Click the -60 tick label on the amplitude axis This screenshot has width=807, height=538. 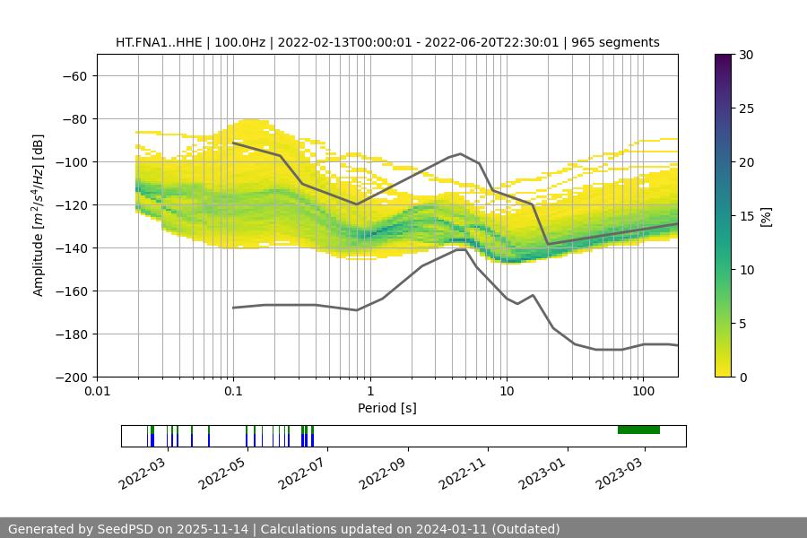pyautogui.click(x=74, y=76)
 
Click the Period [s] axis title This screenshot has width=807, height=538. pyautogui.click(x=387, y=409)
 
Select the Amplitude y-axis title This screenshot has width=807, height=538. pyautogui.click(x=39, y=215)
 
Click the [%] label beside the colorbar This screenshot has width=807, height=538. pyautogui.click(x=767, y=216)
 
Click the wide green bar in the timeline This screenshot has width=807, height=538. pyautogui.click(x=638, y=430)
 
